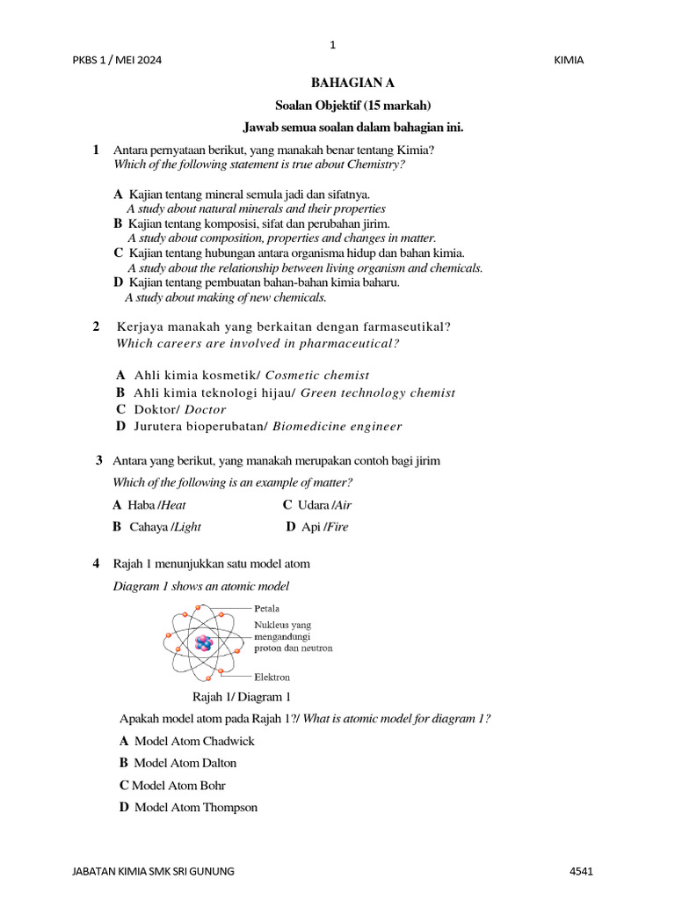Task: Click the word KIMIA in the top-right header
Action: [x=570, y=60]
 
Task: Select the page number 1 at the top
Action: [x=332, y=45]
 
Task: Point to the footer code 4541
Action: [x=582, y=871]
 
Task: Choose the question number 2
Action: [x=96, y=327]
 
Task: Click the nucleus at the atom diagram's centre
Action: [x=203, y=643]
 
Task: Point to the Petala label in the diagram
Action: [x=267, y=608]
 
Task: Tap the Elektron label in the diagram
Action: [x=272, y=678]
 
